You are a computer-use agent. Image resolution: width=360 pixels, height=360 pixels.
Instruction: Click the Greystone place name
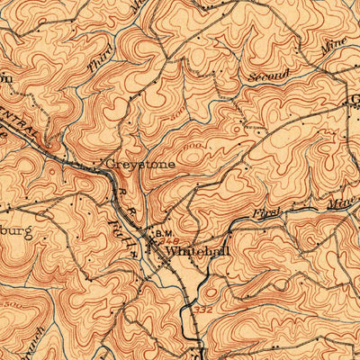click(x=140, y=165)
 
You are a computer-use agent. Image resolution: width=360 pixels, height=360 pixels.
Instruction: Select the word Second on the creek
click(x=271, y=77)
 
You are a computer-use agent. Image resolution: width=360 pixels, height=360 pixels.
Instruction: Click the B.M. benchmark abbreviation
click(x=165, y=234)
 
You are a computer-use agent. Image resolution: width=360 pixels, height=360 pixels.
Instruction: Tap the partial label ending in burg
click(x=16, y=232)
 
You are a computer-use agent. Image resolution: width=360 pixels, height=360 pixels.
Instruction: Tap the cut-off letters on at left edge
click(x=5, y=78)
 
